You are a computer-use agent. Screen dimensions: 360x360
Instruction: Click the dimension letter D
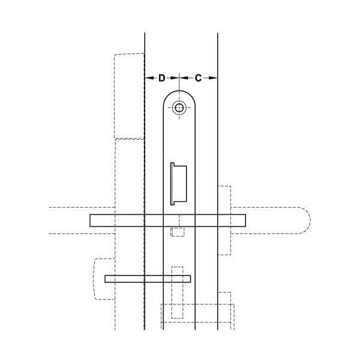pos(162,78)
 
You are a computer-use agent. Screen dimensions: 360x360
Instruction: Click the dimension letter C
pos(198,78)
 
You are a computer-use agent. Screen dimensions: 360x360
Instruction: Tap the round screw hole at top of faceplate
pos(179,107)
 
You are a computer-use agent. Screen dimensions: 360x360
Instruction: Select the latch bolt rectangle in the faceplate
pos(179,184)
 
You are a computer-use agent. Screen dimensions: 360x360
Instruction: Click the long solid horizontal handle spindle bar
pos(167,220)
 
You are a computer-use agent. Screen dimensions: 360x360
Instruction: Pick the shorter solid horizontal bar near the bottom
pos(148,279)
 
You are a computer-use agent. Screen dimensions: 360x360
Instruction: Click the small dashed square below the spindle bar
pos(178,232)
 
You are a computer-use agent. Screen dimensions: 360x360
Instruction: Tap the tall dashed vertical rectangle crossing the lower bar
pos(178,292)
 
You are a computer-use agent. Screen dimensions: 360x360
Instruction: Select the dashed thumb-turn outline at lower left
pos(94,279)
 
